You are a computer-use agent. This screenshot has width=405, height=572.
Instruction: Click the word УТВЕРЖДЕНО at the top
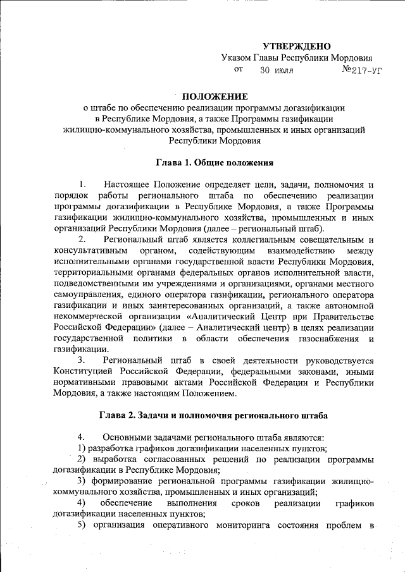click(x=297, y=46)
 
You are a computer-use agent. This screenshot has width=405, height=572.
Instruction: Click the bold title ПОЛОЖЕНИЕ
click(x=215, y=97)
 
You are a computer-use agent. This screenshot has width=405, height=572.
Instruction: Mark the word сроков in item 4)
click(x=242, y=502)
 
